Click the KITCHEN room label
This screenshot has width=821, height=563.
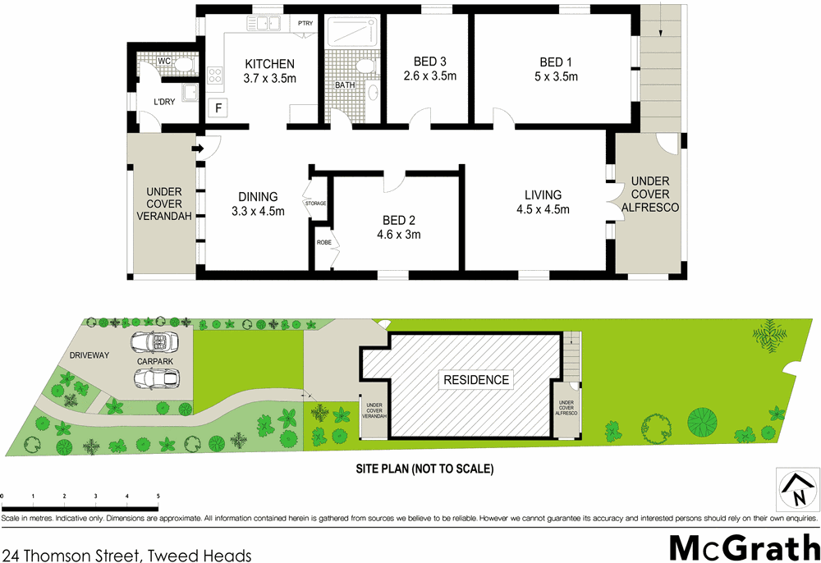coord(269,64)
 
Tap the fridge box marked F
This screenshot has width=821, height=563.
coord(218,108)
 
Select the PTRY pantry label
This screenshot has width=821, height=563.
coord(306,23)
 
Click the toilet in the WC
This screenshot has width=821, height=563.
coord(183,62)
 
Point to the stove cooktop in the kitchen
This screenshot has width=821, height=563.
coord(216,76)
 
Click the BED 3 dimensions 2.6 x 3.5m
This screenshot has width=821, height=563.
coord(429,76)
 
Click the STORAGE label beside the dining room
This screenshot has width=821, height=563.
coord(315,203)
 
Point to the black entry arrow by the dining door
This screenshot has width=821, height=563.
coord(197,149)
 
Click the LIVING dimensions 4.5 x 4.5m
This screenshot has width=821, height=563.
coord(543,209)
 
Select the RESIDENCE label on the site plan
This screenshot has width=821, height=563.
coord(476,380)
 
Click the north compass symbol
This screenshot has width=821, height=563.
coord(796,491)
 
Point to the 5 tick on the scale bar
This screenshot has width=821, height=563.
coord(158,497)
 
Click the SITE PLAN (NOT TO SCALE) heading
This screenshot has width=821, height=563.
coord(423,469)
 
